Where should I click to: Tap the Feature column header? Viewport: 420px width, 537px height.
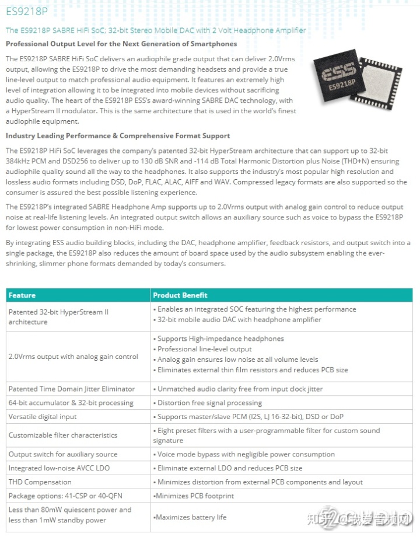(x=22, y=295)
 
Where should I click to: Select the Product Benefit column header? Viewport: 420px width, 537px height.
(x=180, y=295)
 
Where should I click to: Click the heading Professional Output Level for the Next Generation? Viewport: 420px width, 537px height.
(x=121, y=44)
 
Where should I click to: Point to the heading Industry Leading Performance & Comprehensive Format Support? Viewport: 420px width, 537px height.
(x=118, y=135)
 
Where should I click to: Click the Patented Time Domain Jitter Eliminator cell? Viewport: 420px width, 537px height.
(x=71, y=389)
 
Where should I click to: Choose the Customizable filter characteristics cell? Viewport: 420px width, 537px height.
(x=63, y=435)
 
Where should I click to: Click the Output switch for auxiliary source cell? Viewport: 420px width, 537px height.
(x=63, y=454)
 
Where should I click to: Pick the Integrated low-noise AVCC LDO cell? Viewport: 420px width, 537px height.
(x=59, y=468)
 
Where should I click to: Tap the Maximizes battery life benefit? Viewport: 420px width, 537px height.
(x=191, y=517)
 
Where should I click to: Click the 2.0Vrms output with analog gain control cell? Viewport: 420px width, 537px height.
(x=73, y=357)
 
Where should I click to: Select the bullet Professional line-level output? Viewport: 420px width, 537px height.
(x=205, y=349)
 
